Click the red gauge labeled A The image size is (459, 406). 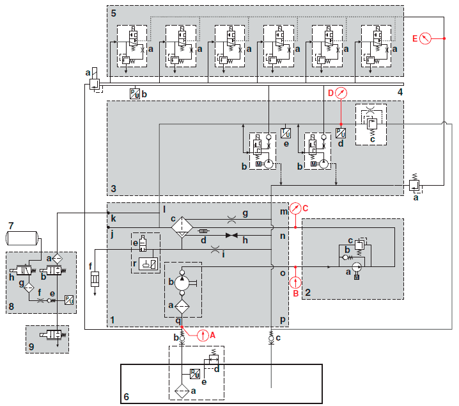tap(203, 334)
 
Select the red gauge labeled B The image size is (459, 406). tap(295, 281)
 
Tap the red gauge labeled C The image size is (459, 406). tap(295, 208)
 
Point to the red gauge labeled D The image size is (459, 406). tap(341, 93)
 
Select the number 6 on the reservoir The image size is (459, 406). tap(126, 397)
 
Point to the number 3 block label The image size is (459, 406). tap(113, 189)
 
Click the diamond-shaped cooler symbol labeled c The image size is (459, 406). tap(182, 225)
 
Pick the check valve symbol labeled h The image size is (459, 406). tap(230, 236)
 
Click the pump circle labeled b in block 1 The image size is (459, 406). tap(182, 280)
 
